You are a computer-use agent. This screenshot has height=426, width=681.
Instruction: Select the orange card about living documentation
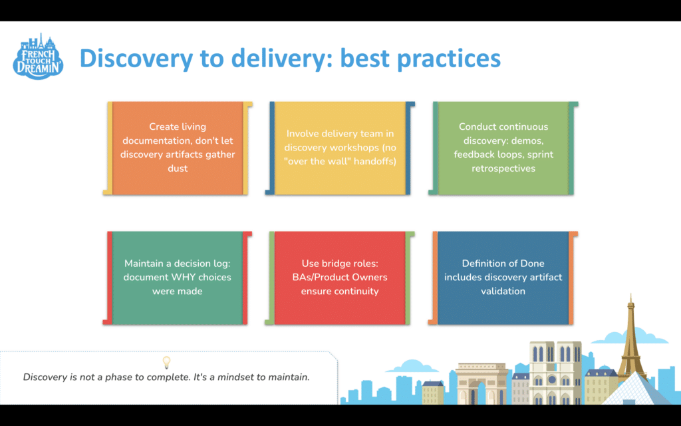(178, 148)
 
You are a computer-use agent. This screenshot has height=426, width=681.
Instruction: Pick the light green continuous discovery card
(503, 148)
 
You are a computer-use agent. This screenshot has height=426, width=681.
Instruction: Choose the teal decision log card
(178, 278)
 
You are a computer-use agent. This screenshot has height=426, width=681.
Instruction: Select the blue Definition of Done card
(503, 278)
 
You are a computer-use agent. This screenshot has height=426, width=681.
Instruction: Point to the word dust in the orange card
(178, 169)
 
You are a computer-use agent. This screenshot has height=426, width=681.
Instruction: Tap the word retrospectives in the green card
(503, 169)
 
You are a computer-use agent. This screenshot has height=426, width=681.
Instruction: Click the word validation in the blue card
(503, 291)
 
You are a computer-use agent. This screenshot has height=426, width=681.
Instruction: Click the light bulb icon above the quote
(167, 362)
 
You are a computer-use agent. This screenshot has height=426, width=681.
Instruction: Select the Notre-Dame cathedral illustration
(555, 373)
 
